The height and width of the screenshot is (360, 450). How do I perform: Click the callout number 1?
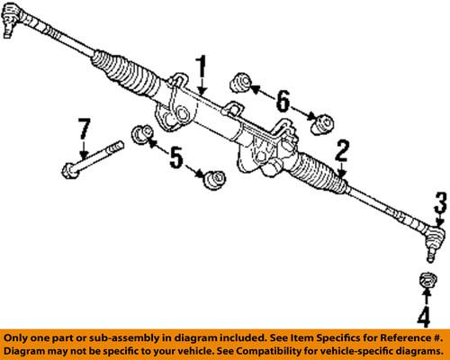[x=202, y=67]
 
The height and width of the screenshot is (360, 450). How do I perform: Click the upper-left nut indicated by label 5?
[x=140, y=135]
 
